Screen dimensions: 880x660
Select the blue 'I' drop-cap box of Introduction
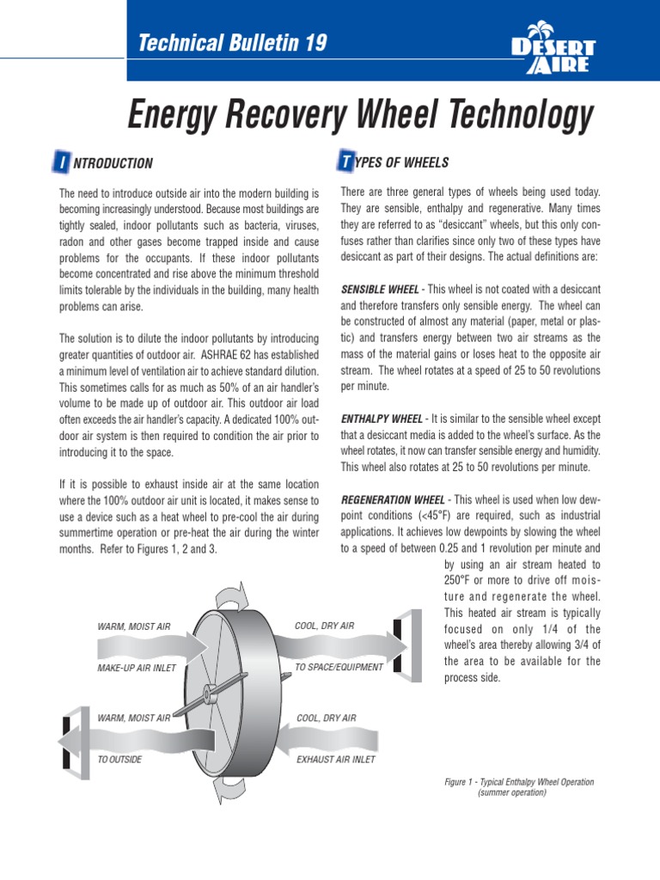pos(62,162)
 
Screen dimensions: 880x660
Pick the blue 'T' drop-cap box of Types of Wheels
pos(346,162)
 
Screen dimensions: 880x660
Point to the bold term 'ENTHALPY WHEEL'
pos(382,419)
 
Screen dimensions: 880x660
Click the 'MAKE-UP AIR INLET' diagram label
pos(137,668)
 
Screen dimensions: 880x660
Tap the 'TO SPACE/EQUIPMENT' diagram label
pos(339,668)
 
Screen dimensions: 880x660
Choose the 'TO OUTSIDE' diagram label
pos(120,760)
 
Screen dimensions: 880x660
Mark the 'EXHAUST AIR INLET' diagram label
pos(336,760)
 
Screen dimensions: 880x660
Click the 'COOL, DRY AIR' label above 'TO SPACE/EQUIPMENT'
pos(324,626)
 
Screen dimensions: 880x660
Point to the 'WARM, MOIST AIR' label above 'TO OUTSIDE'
pos(133,718)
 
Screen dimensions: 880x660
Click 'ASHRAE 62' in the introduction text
pos(249,354)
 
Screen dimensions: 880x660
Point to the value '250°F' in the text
pos(463,580)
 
